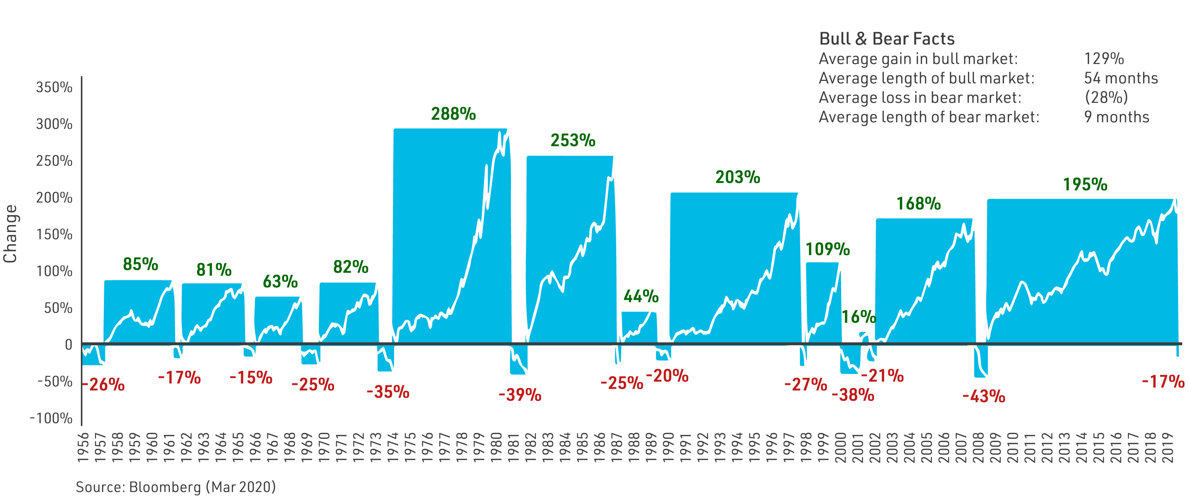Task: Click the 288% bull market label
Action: click(453, 114)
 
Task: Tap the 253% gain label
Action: click(573, 140)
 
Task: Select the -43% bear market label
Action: click(983, 396)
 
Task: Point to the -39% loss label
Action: click(520, 395)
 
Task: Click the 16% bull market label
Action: click(858, 317)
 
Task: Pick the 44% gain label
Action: click(641, 296)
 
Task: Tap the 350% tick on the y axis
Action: click(54, 87)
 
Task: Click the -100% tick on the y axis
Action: click(51, 418)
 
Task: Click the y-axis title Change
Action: click(10, 234)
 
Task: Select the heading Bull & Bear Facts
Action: click(887, 39)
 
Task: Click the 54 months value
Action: click(1121, 78)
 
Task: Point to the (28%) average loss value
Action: click(1106, 97)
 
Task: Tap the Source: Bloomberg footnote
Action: click(176, 487)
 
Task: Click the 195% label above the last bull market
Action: click(1085, 185)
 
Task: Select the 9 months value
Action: click(1117, 117)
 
